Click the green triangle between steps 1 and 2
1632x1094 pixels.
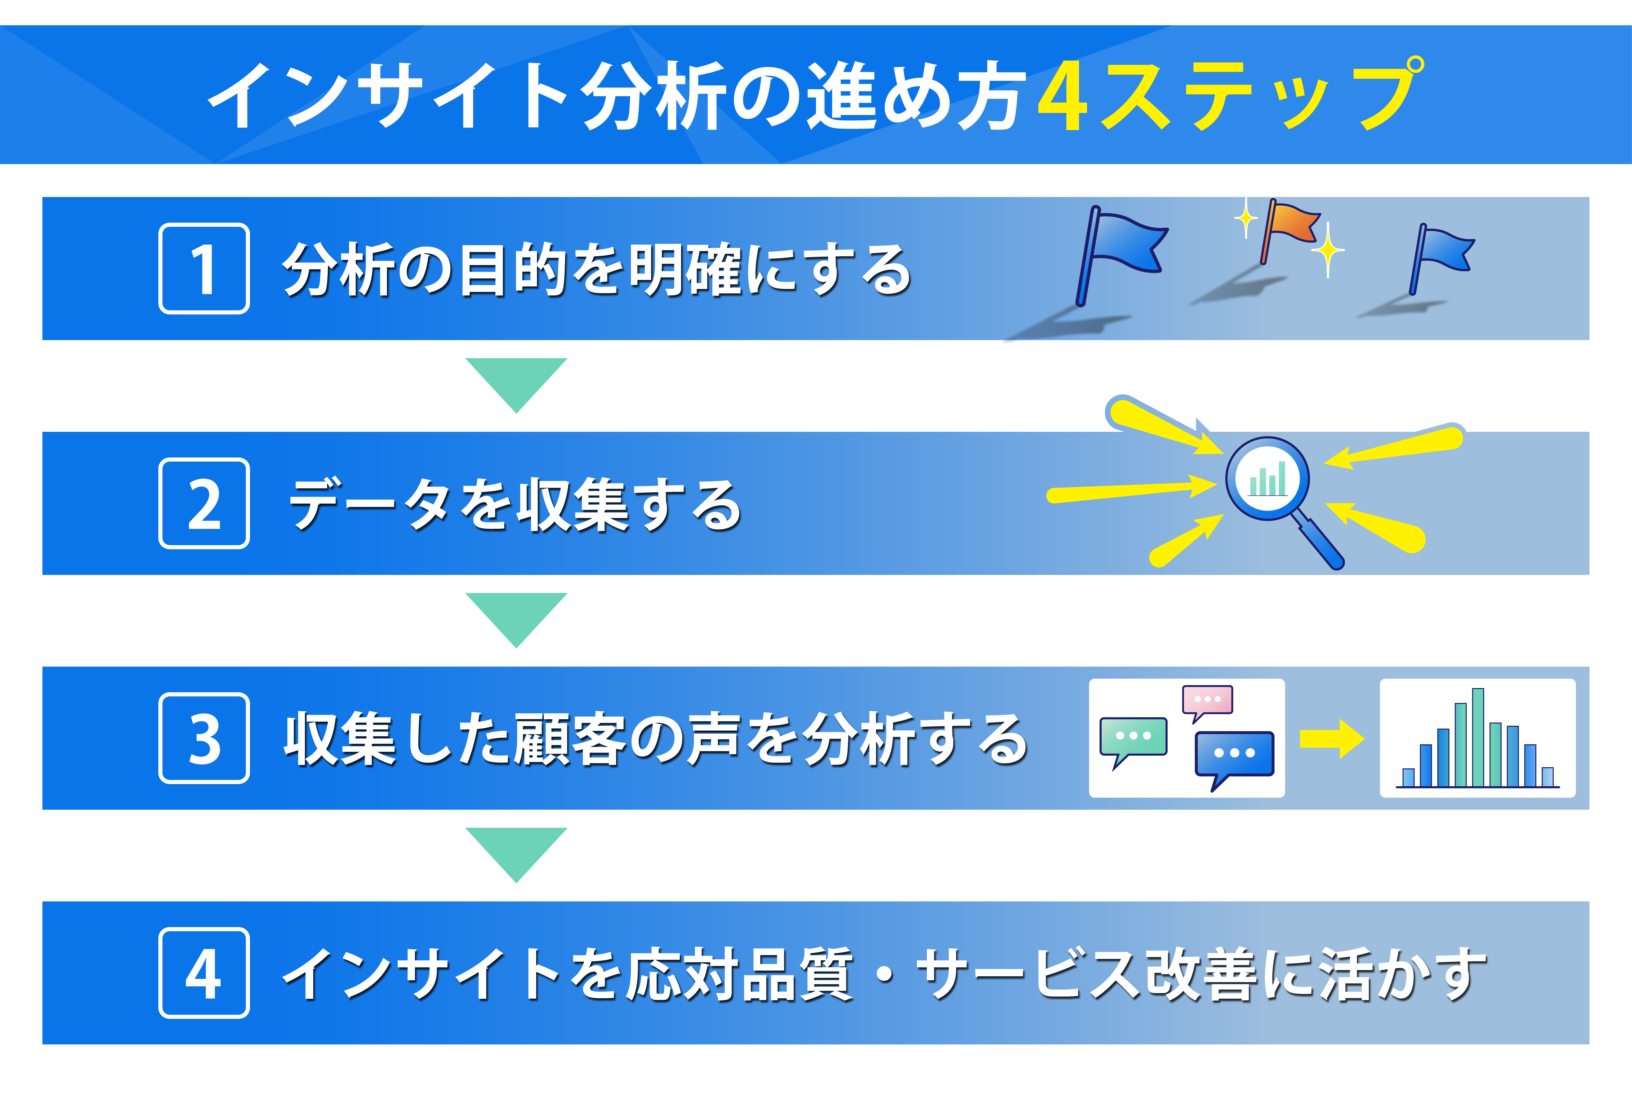tap(516, 380)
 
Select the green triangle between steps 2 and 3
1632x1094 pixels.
tap(516, 615)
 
